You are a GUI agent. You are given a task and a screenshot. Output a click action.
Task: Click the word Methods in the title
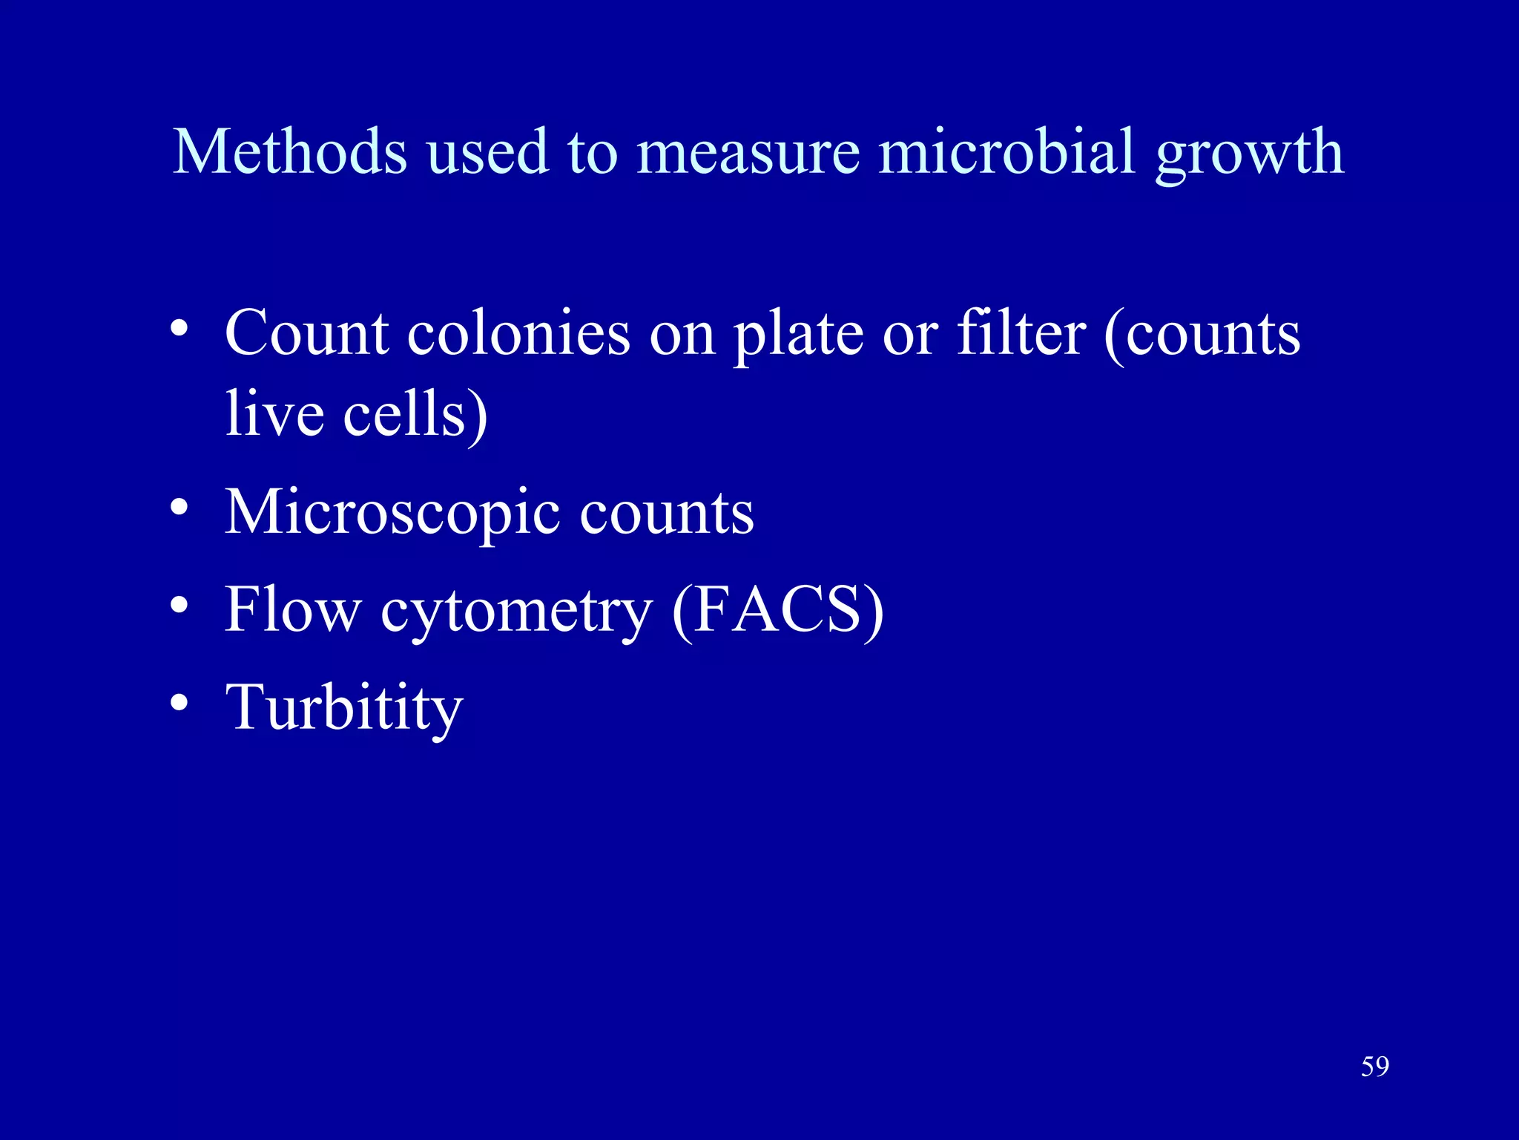tap(289, 151)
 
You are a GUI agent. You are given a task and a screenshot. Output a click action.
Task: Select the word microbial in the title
tap(1006, 151)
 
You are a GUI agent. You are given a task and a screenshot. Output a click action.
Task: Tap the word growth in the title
tap(1250, 156)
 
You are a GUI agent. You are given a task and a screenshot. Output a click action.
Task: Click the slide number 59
tap(1374, 1067)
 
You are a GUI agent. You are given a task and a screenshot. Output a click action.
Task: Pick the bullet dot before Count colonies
tap(179, 328)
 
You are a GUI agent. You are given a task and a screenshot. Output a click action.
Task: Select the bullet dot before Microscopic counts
tap(179, 508)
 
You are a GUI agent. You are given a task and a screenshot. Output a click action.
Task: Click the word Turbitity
tap(343, 707)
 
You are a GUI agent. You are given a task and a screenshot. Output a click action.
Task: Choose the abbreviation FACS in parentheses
tap(777, 610)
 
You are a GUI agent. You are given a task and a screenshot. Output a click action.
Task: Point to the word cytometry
tap(516, 613)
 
